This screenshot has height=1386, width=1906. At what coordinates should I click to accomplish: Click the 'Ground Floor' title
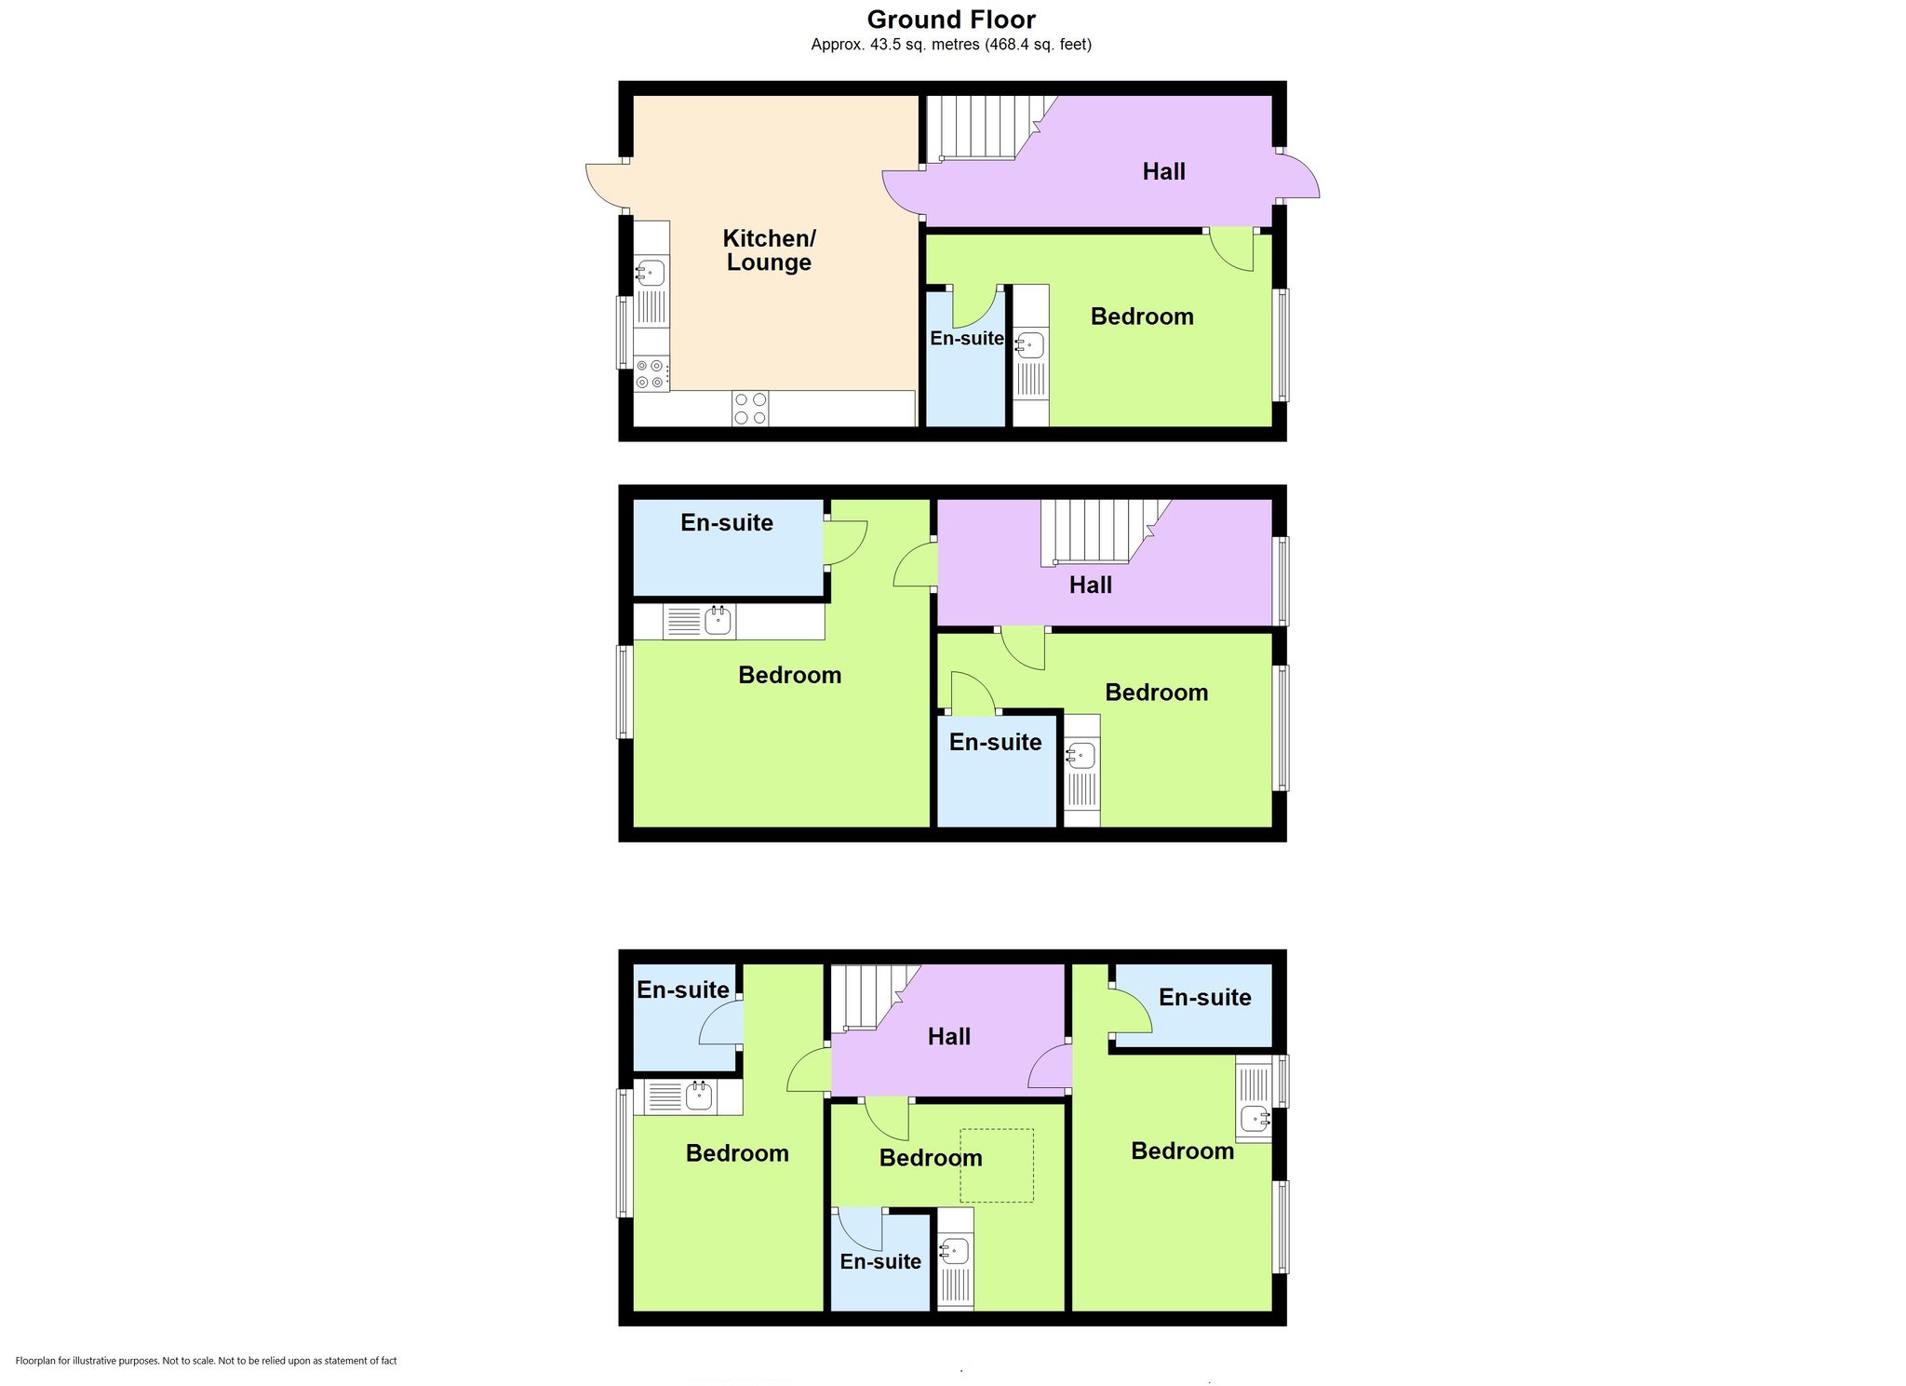(951, 20)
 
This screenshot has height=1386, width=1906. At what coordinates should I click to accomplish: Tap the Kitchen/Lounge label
(769, 250)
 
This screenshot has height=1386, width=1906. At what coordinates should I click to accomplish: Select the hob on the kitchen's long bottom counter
(750, 408)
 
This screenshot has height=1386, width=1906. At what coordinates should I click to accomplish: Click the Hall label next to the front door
(1163, 171)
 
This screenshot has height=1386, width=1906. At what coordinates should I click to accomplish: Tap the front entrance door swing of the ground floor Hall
(1298, 176)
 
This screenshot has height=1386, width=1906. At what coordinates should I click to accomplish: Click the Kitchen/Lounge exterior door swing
(607, 186)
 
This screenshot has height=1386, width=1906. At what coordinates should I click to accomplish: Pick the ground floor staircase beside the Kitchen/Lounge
(987, 128)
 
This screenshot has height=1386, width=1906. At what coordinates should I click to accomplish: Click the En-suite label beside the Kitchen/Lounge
(967, 339)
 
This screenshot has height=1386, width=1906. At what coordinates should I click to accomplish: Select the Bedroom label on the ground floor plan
(1142, 316)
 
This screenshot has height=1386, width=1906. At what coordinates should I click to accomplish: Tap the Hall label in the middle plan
(1091, 585)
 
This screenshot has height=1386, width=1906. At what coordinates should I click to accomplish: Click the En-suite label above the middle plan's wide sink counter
(727, 523)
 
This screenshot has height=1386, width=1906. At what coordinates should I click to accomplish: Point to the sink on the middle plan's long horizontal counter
(718, 620)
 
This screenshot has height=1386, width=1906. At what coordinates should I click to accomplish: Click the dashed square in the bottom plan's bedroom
(997, 1165)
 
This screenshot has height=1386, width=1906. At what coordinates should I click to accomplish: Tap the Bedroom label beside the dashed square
(931, 1158)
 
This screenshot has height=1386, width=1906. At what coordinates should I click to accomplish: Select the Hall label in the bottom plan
(949, 1037)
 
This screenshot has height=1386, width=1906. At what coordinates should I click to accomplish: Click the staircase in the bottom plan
(876, 997)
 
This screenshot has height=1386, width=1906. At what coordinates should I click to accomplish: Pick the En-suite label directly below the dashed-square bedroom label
(880, 1262)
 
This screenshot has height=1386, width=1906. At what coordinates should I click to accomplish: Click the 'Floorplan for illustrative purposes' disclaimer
(207, 1361)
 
